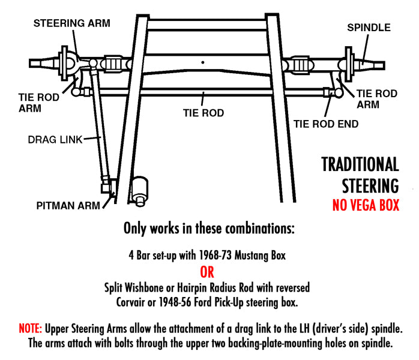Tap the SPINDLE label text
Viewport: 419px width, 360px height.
[x=369, y=28]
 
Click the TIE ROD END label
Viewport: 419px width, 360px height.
[x=326, y=124]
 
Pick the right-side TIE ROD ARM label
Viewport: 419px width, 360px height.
[x=377, y=99]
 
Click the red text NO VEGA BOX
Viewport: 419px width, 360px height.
[x=366, y=205]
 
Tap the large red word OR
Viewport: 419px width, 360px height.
[x=207, y=272]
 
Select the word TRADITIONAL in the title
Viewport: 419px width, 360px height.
[x=360, y=164]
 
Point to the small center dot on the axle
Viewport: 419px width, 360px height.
[x=204, y=62]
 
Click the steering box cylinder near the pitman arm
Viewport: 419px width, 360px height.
[x=141, y=188]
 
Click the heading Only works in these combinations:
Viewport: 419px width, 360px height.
[x=209, y=229]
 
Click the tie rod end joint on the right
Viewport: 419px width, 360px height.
[x=328, y=93]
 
